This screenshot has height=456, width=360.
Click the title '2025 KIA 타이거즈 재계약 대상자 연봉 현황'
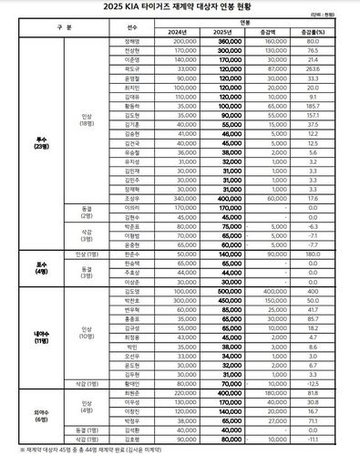click(x=180, y=8)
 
